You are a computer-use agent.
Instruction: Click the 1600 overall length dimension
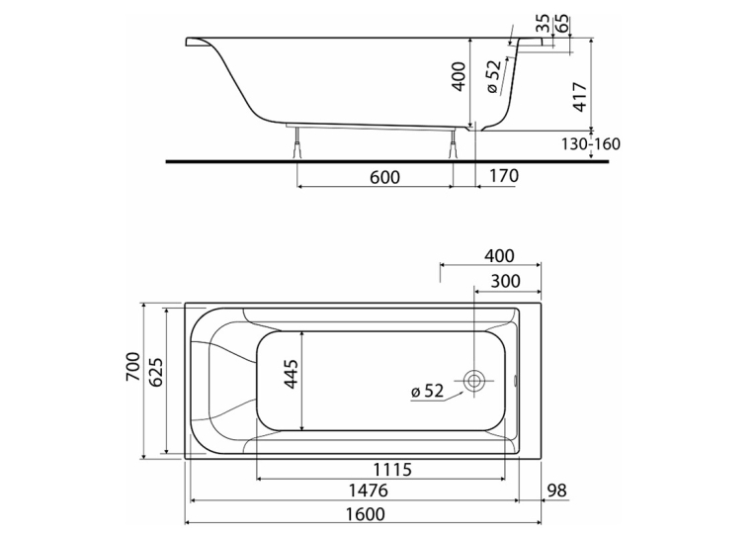coord(365,514)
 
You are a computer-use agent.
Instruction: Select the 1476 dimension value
coord(368,491)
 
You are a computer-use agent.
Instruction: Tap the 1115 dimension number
coord(392,469)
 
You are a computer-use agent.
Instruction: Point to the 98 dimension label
coord(557,491)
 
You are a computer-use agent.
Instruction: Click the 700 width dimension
coord(133,367)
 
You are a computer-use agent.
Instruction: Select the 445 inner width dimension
coord(291,374)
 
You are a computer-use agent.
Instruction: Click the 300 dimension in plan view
coord(505,281)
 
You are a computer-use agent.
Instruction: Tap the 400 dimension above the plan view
coord(499,256)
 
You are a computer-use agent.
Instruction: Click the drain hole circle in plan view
coord(474,381)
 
